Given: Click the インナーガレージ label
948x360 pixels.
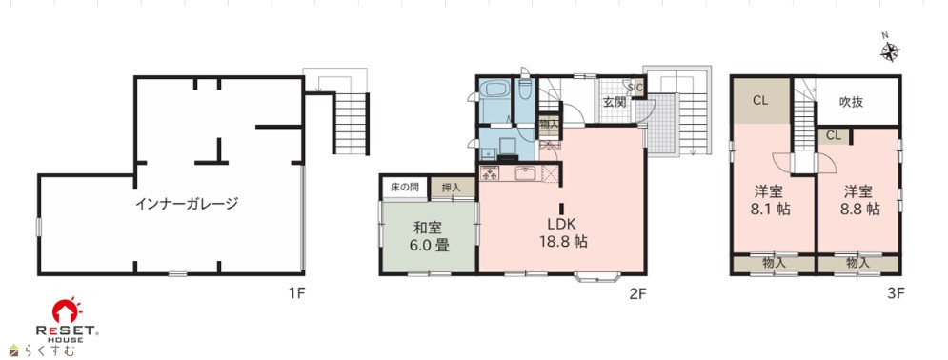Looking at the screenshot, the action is pos(186,204).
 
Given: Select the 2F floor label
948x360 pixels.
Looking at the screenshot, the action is pos(638,294).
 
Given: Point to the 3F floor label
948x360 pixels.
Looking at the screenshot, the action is pos(896,294).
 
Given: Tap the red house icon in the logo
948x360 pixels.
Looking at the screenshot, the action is pos(67,310).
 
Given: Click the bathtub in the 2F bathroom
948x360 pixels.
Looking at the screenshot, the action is pos(494,90).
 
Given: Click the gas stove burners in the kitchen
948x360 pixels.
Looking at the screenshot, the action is pos(489,174).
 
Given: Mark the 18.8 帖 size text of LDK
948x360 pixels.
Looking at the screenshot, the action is pos(563,242).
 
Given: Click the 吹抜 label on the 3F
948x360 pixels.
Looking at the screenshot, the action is pos(851,102).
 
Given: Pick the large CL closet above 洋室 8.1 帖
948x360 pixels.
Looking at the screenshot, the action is pos(761,100).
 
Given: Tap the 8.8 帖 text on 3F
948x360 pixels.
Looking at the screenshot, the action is pos(857,209).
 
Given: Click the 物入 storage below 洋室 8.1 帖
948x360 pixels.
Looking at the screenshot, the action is pos(774,264).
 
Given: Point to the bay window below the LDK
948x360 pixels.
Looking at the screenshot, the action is pos(597,277).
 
